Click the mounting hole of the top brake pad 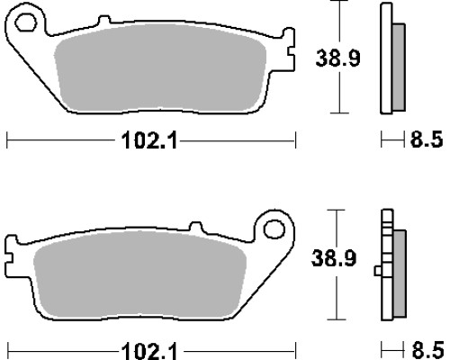[26, 22]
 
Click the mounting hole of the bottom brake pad [274, 229]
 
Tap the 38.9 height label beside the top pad [337, 58]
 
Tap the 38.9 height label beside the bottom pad [334, 258]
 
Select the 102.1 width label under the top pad [149, 140]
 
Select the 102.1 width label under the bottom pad [149, 351]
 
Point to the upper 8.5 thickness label [427, 139]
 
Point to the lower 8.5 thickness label [427, 350]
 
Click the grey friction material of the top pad [160, 67]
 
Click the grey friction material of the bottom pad [139, 274]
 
